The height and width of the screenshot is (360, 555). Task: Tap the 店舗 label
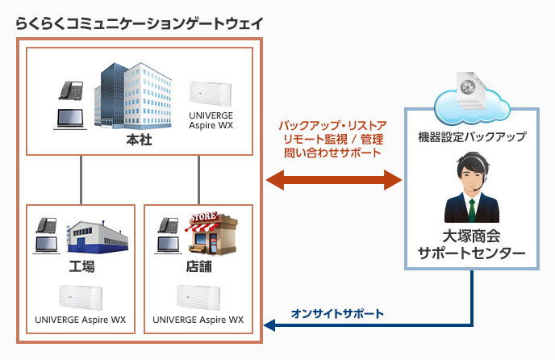[x=198, y=266]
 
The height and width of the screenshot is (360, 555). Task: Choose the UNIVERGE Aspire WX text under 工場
[x=81, y=320]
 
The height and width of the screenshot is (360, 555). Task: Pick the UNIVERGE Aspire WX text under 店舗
[x=198, y=320]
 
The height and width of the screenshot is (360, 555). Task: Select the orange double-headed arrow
[x=333, y=178]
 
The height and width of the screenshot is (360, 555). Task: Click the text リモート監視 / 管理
[x=332, y=139]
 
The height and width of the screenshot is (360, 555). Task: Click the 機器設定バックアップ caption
[x=472, y=137]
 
